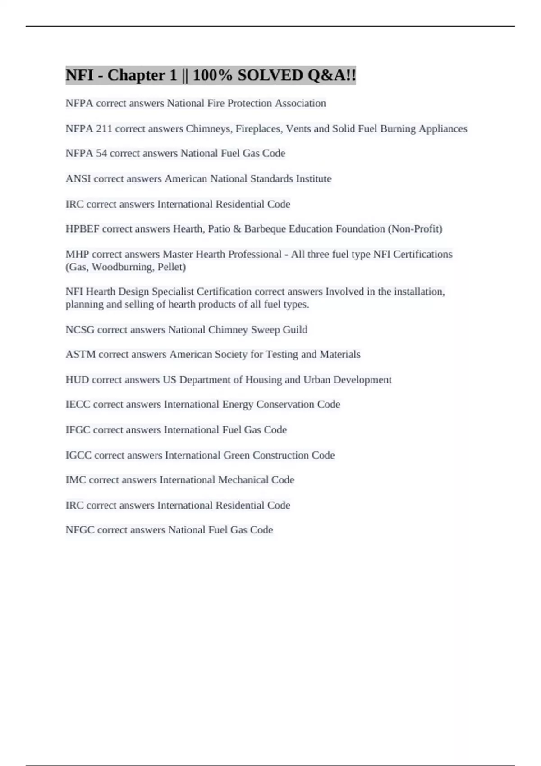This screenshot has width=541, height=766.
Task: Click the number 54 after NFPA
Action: (101, 154)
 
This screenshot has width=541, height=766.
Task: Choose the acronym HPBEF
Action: (83, 229)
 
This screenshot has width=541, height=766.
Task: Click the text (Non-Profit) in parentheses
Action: (415, 229)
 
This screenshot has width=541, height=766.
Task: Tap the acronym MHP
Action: (77, 255)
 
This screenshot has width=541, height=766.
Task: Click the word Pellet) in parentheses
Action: (172, 267)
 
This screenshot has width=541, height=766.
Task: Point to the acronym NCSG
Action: (80, 330)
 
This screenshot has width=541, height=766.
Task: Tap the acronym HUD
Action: (77, 380)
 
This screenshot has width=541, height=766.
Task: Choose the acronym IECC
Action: (78, 405)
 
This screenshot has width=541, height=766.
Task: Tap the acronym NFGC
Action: (80, 530)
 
